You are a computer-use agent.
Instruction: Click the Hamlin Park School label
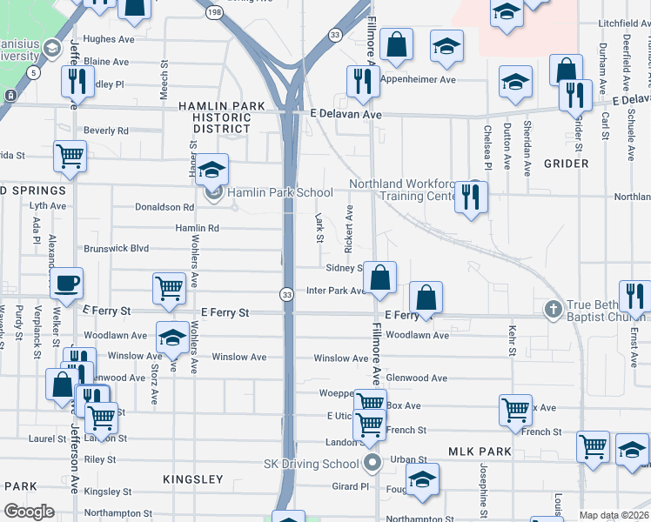280,193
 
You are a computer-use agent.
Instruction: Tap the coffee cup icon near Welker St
67,283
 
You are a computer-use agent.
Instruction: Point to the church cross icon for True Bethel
552,309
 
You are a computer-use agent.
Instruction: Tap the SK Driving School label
312,464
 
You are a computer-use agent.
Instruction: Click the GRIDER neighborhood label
567,164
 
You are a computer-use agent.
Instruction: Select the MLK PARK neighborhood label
480,452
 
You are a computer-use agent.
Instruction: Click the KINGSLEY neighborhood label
193,479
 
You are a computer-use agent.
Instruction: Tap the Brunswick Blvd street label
117,248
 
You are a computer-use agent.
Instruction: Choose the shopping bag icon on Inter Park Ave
379,279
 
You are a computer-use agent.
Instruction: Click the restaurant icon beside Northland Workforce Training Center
471,196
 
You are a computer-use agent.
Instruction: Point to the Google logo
29,512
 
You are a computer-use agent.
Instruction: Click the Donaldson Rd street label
164,207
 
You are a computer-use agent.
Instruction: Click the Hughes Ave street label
110,39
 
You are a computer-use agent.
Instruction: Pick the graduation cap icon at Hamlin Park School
211,171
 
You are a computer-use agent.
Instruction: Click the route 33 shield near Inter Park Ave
285,296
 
